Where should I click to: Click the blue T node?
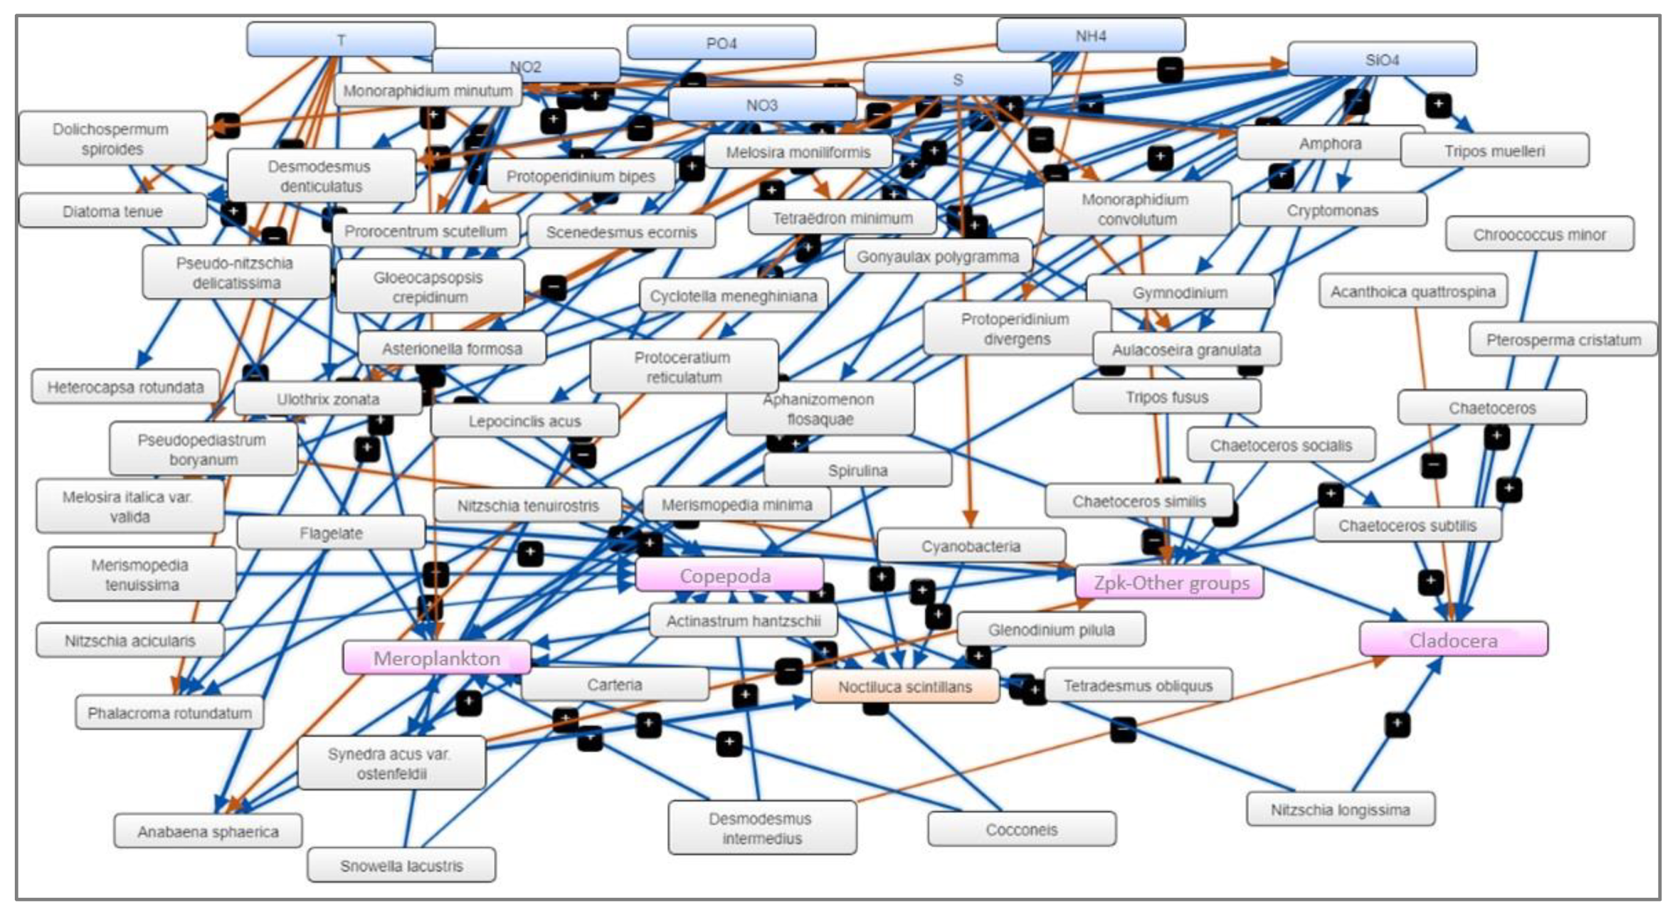point(340,39)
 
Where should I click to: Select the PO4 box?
point(720,43)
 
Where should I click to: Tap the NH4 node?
point(1090,36)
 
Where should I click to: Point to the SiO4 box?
point(1381,60)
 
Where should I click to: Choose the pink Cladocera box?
point(1453,641)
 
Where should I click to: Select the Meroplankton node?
point(436,658)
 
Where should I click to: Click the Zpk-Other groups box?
point(1171,583)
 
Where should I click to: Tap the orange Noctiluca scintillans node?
point(905,687)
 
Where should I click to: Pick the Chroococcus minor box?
point(1539,234)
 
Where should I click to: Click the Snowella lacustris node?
point(401,866)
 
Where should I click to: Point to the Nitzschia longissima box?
point(1340,810)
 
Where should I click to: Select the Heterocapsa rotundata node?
point(125,387)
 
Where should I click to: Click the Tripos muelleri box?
point(1494,151)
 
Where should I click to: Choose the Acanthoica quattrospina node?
point(1412,291)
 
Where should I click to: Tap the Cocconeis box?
point(1021,829)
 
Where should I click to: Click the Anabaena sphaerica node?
point(208,831)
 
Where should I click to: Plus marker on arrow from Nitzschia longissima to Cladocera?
point(1397,724)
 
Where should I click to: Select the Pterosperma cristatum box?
point(1563,340)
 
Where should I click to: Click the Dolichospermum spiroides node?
point(112,139)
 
